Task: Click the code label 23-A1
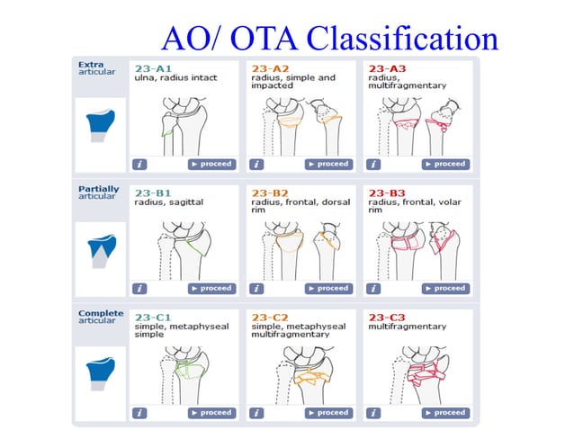150,68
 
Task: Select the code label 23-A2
269,68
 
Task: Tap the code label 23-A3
386,68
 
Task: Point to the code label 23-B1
150,193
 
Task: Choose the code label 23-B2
269,193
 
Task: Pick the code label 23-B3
386,193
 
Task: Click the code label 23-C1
150,317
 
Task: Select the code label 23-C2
269,317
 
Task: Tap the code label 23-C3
386,317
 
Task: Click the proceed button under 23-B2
327,289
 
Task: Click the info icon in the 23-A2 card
256,164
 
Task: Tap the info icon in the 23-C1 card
139,413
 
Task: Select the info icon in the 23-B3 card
373,289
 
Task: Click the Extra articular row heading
96,68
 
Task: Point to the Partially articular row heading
98,193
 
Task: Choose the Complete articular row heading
99,317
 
